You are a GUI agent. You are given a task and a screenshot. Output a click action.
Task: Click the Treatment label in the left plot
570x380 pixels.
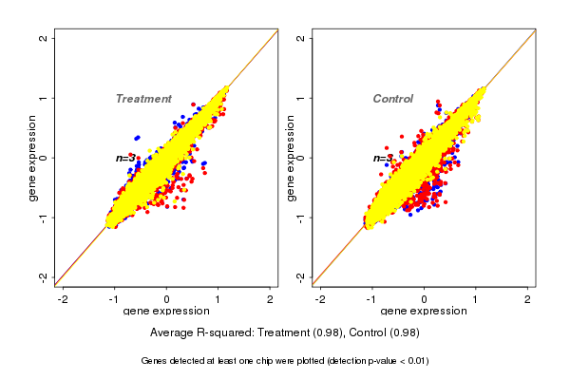click(143, 99)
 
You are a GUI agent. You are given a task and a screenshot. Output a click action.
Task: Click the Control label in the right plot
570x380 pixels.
click(392, 99)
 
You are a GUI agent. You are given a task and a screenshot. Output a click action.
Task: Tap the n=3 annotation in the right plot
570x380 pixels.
click(382, 158)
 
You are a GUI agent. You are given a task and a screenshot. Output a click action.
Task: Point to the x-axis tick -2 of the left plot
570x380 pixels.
click(64, 298)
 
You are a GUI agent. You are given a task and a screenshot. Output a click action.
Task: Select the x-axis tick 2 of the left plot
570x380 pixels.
click(270, 298)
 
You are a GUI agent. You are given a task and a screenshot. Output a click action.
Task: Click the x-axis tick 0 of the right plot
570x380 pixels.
click(424, 298)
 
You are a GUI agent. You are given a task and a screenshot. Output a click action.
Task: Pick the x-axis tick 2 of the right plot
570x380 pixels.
click(527, 298)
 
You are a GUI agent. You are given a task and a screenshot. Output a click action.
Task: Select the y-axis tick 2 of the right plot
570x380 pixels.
click(301, 38)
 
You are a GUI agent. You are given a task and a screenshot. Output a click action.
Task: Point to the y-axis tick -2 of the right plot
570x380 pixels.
click(301, 276)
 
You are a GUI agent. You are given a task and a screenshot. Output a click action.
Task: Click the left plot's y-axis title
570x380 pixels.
click(33, 158)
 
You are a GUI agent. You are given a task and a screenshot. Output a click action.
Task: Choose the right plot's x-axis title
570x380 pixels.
click(424, 312)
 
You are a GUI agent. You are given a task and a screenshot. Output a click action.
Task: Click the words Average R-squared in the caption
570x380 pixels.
click(196, 332)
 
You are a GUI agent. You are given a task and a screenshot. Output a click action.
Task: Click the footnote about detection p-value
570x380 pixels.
click(285, 361)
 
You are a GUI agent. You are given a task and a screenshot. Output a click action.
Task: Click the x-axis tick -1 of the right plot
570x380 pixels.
click(372, 298)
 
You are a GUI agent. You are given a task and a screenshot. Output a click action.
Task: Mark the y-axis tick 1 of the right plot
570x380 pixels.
click(301, 98)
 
